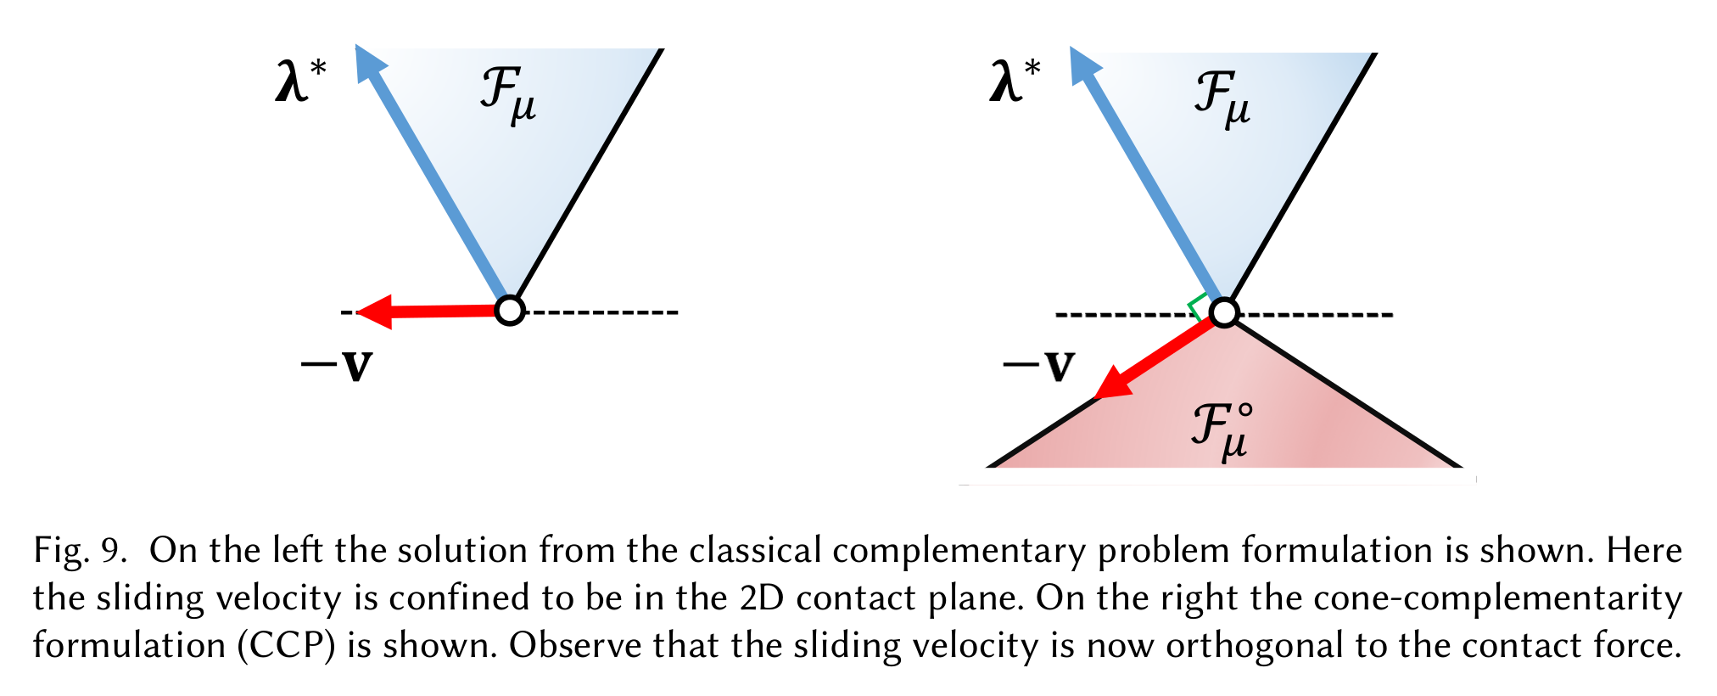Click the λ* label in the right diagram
coord(1015,82)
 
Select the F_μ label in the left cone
coord(508,96)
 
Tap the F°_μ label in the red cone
coord(1222,430)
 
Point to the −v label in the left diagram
coord(337,366)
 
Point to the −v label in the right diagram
coord(1039,366)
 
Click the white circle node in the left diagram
coord(509,311)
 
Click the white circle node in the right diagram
coord(1223,312)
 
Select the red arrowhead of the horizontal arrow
coord(373,312)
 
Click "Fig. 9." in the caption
coord(80,551)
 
